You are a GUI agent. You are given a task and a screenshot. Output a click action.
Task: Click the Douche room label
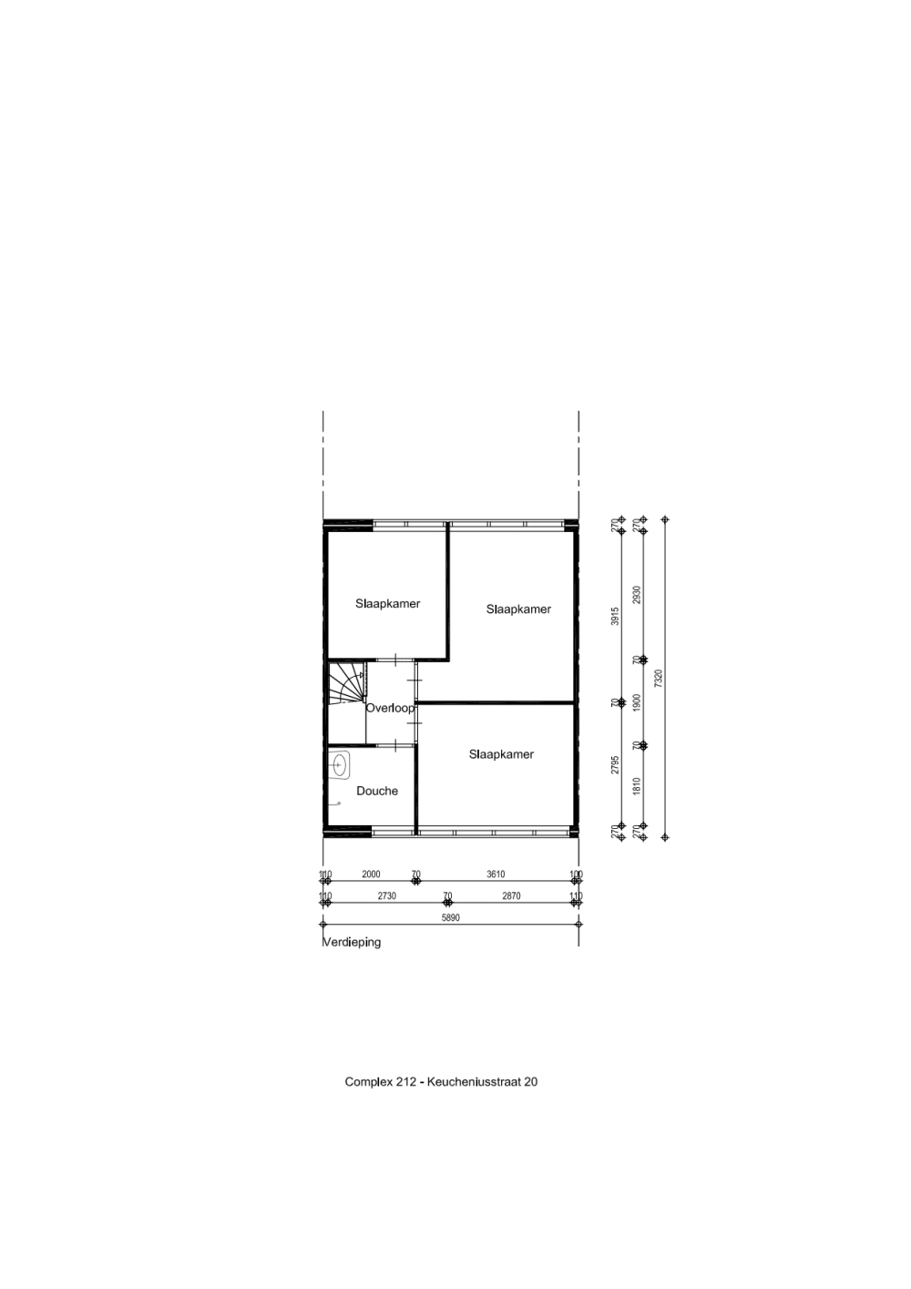pos(377,791)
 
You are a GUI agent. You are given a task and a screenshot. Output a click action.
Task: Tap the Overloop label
pos(390,708)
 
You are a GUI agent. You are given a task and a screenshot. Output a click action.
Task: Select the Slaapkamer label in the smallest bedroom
pos(387,603)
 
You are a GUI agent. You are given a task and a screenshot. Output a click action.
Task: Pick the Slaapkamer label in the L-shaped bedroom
pos(518,609)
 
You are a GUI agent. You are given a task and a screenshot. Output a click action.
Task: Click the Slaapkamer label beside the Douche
pos(501,754)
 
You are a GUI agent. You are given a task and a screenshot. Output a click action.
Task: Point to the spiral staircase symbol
pos(346,684)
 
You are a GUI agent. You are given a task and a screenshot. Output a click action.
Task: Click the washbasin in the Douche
pos(341,765)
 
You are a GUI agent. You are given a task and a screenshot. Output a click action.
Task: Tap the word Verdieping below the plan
pos(352,942)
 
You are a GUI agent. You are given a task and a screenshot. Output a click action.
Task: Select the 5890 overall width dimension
pos(451,918)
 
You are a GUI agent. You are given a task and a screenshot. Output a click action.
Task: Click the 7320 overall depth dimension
pos(658,679)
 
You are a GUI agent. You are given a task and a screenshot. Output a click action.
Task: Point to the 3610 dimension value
pos(496,875)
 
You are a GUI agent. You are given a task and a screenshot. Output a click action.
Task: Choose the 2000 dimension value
pos(371,875)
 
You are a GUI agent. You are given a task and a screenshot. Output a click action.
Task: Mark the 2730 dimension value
pos(387,896)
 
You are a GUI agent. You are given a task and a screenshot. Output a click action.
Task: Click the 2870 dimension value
pos(511,896)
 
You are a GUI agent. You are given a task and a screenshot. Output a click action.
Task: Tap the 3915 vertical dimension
pos(615,616)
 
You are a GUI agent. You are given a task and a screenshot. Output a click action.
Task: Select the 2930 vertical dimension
pos(637,595)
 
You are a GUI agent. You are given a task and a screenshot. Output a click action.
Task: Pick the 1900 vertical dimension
pos(637,702)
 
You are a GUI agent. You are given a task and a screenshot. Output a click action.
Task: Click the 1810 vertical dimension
pos(637,785)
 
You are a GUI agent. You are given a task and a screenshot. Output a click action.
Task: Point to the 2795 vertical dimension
pos(615,764)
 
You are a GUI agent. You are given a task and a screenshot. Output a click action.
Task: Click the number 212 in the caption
pos(406,1082)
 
